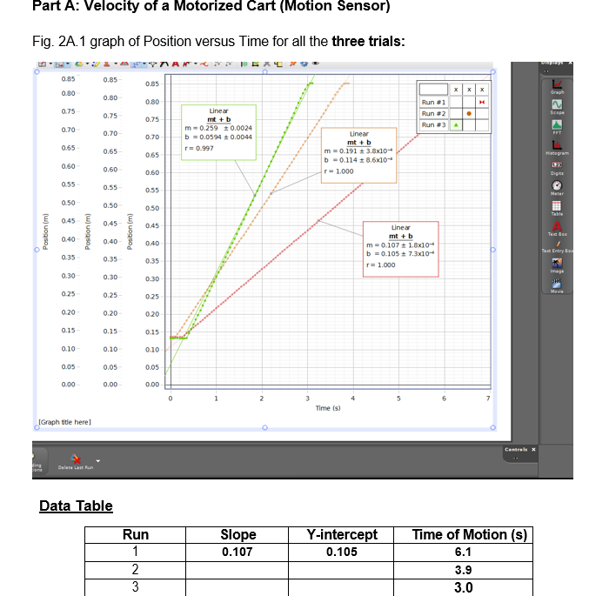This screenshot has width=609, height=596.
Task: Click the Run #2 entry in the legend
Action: click(x=433, y=113)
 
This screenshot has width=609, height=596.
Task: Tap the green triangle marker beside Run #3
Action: click(x=454, y=124)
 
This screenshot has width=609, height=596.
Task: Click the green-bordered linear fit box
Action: click(x=218, y=131)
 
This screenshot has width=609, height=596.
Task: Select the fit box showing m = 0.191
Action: click(x=358, y=156)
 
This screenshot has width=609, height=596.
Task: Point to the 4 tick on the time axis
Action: click(x=352, y=398)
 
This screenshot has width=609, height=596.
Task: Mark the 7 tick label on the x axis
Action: click(x=489, y=398)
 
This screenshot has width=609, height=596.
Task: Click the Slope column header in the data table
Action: click(x=238, y=535)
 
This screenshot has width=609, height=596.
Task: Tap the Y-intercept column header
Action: click(x=341, y=535)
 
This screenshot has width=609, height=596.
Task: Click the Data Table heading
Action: click(x=76, y=506)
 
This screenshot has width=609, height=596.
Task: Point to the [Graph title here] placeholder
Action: click(x=64, y=421)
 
